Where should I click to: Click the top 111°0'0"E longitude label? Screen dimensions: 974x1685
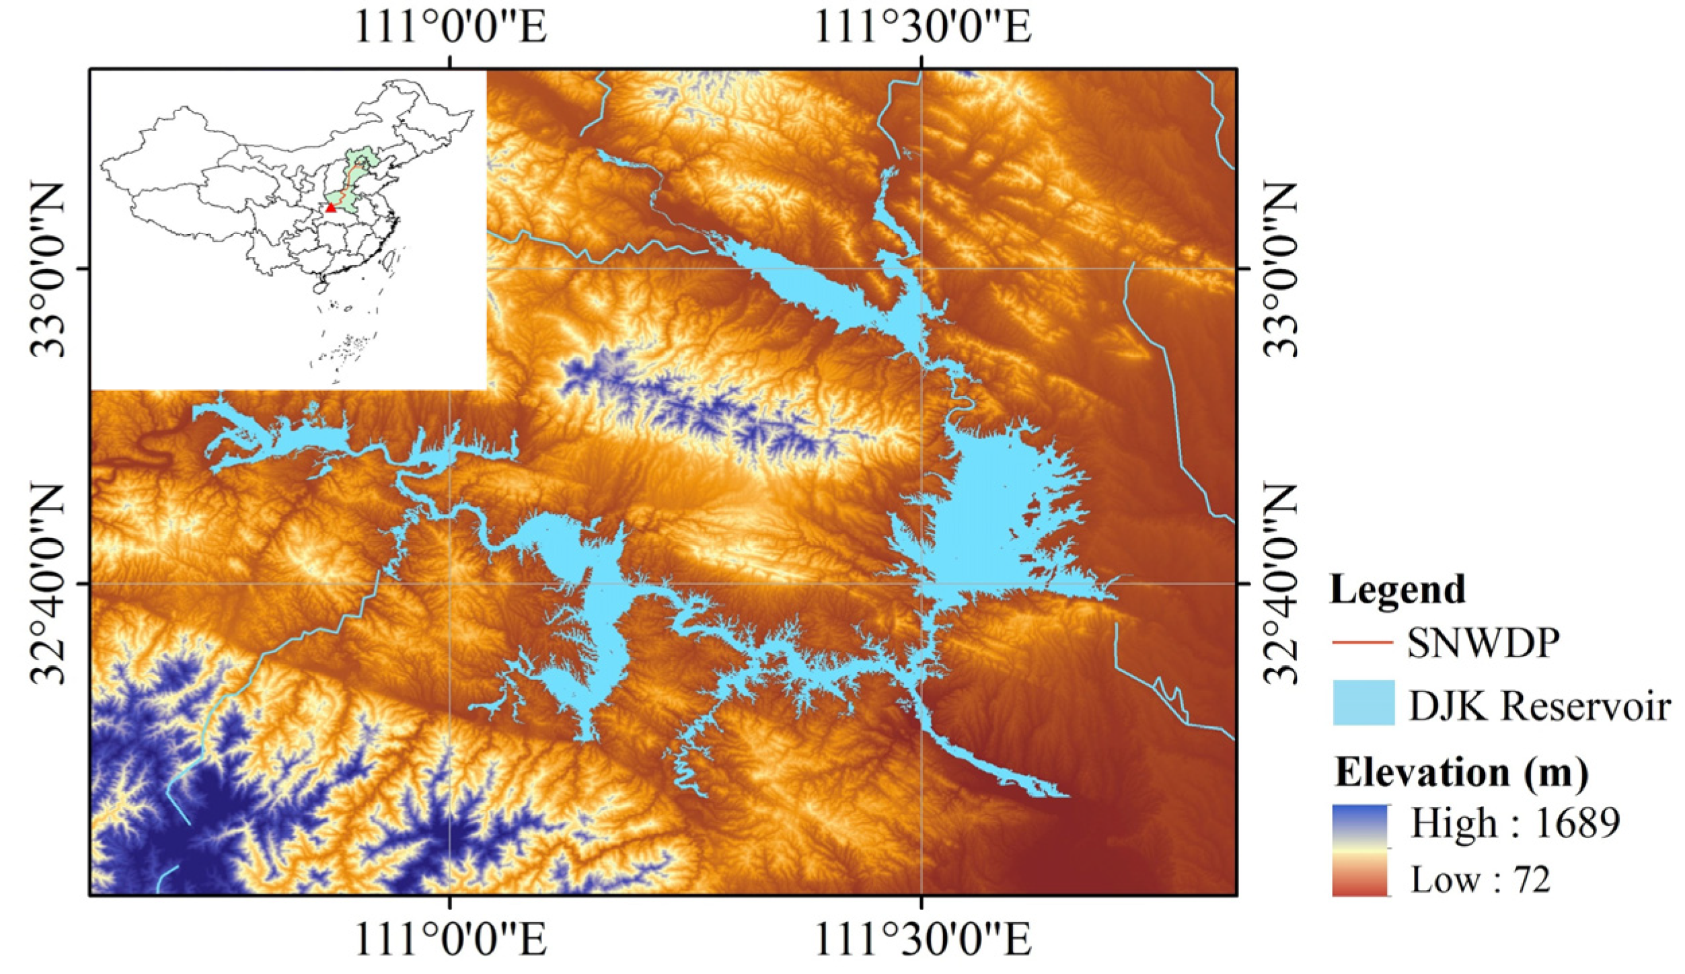tap(450, 28)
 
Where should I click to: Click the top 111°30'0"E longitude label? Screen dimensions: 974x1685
tap(922, 28)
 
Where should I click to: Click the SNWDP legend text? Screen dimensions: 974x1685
tap(1481, 643)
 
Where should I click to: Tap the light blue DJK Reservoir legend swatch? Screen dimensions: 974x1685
tap(1363, 703)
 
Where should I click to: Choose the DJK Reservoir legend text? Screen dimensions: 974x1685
tap(1539, 706)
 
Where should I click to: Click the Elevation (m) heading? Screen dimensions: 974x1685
tap(1461, 772)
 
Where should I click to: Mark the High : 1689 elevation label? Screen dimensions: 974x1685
tap(1514, 822)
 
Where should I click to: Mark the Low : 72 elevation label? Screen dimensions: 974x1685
tap(1480, 879)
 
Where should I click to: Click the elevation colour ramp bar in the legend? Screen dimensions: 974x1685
tap(1359, 850)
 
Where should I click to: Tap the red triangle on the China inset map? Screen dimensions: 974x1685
tap(330, 208)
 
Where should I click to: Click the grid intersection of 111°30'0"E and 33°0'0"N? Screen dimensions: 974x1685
tap(922, 269)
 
